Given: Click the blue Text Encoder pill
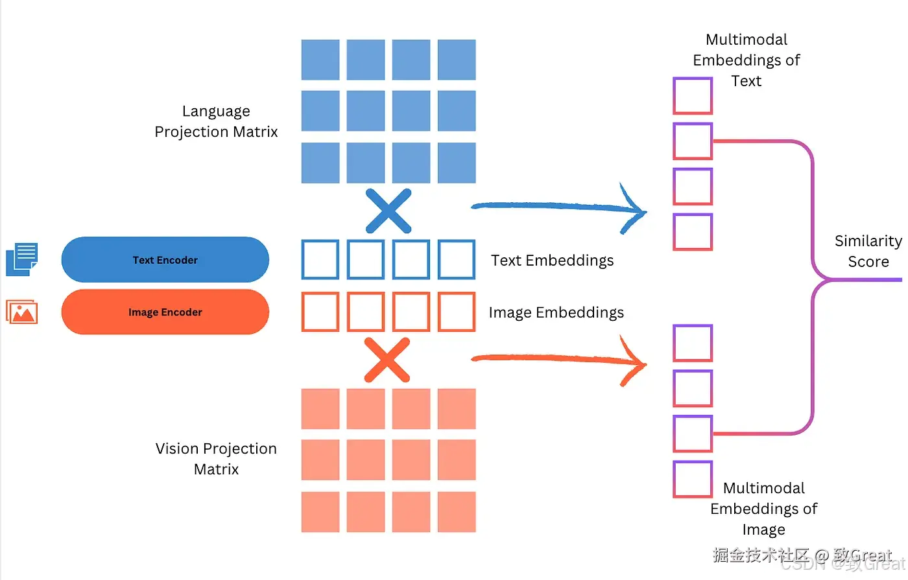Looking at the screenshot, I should tap(165, 260).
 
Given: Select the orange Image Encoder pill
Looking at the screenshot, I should tap(165, 312).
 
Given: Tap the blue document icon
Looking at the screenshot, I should tap(22, 259).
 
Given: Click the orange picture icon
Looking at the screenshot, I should tap(22, 312).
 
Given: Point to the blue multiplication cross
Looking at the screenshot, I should tap(388, 211).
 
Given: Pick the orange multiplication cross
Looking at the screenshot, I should tap(387, 360).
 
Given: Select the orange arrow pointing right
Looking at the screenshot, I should tap(558, 358).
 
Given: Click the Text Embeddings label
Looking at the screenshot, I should tap(552, 261).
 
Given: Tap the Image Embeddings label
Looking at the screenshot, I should tap(556, 312).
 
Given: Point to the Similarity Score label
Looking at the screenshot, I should tap(868, 251).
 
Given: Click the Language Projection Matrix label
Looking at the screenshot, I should tap(216, 122).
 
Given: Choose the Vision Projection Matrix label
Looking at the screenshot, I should tap(216, 459).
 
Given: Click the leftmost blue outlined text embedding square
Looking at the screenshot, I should tap(320, 260).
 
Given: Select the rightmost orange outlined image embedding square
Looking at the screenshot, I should tap(457, 312).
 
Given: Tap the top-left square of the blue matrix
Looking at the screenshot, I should tap(320, 60).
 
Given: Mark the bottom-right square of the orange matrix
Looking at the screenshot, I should tap(457, 512).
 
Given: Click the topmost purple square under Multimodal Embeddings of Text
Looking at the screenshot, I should tap(693, 96).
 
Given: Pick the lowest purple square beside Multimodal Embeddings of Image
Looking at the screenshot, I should tap(693, 480).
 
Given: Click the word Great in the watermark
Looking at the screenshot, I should tap(871, 555).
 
